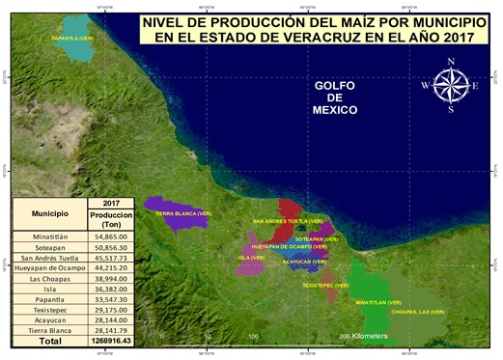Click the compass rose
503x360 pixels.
point(451,85)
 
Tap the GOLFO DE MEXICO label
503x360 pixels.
point(336,97)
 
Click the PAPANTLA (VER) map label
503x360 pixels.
point(71,39)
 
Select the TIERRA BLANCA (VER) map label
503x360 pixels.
point(177,212)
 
